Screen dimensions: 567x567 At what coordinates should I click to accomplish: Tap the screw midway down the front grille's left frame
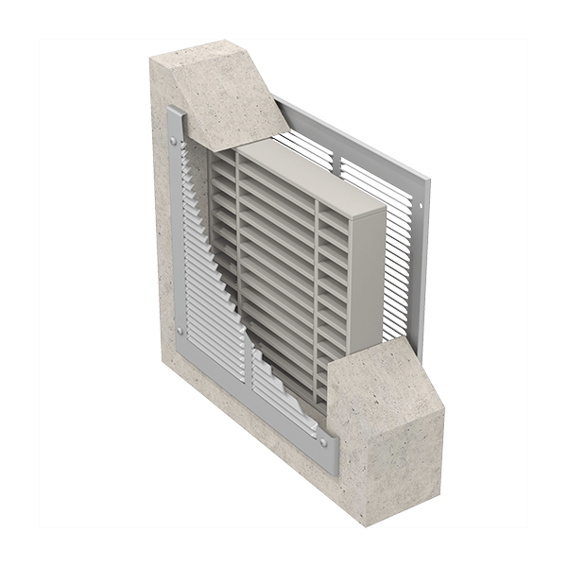pos(180,330)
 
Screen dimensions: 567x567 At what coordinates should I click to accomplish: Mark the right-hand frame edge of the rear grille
pos(422,265)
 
